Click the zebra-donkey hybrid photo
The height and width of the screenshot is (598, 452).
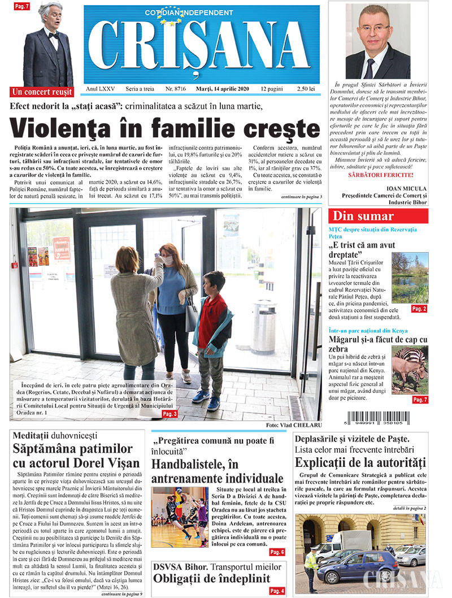coord(410,370)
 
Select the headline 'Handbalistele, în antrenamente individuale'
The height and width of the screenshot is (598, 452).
coord(217,471)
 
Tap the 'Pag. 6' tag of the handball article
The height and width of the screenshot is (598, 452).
coord(277,552)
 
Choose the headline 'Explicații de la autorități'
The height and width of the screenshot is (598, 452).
coord(359,462)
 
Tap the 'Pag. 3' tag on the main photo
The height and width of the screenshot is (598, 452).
coord(169,414)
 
